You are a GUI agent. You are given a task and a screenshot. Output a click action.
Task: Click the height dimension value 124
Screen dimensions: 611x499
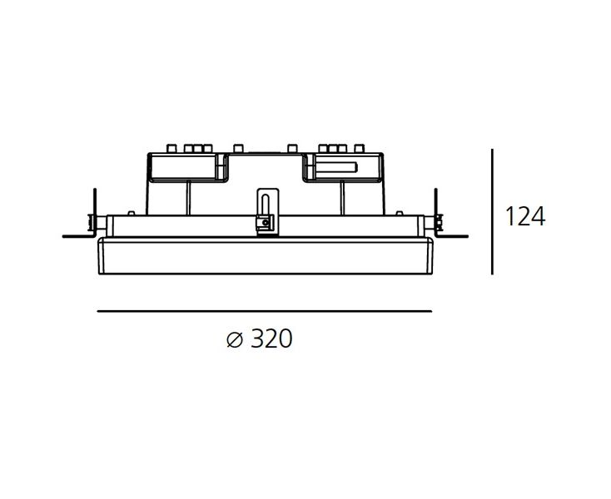pyautogui.click(x=525, y=216)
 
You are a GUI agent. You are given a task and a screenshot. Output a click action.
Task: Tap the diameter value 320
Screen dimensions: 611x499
pyautogui.click(x=271, y=338)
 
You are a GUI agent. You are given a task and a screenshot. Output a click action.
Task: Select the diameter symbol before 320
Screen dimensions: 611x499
pyautogui.click(x=235, y=340)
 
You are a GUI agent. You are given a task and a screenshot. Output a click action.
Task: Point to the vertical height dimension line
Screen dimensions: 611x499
pyautogui.click(x=492, y=212)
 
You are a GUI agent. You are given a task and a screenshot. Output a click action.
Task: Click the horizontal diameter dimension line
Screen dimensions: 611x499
pyautogui.click(x=265, y=311)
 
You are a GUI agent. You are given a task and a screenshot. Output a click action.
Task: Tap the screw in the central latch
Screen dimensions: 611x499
pyautogui.click(x=265, y=223)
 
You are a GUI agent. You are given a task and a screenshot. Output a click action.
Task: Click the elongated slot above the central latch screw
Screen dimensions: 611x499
pyautogui.click(x=265, y=205)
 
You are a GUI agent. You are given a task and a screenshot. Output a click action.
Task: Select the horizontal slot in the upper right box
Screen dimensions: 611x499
pyautogui.click(x=335, y=167)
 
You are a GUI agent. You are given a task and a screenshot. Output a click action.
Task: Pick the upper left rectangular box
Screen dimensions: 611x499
pyautogui.click(x=182, y=167)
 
